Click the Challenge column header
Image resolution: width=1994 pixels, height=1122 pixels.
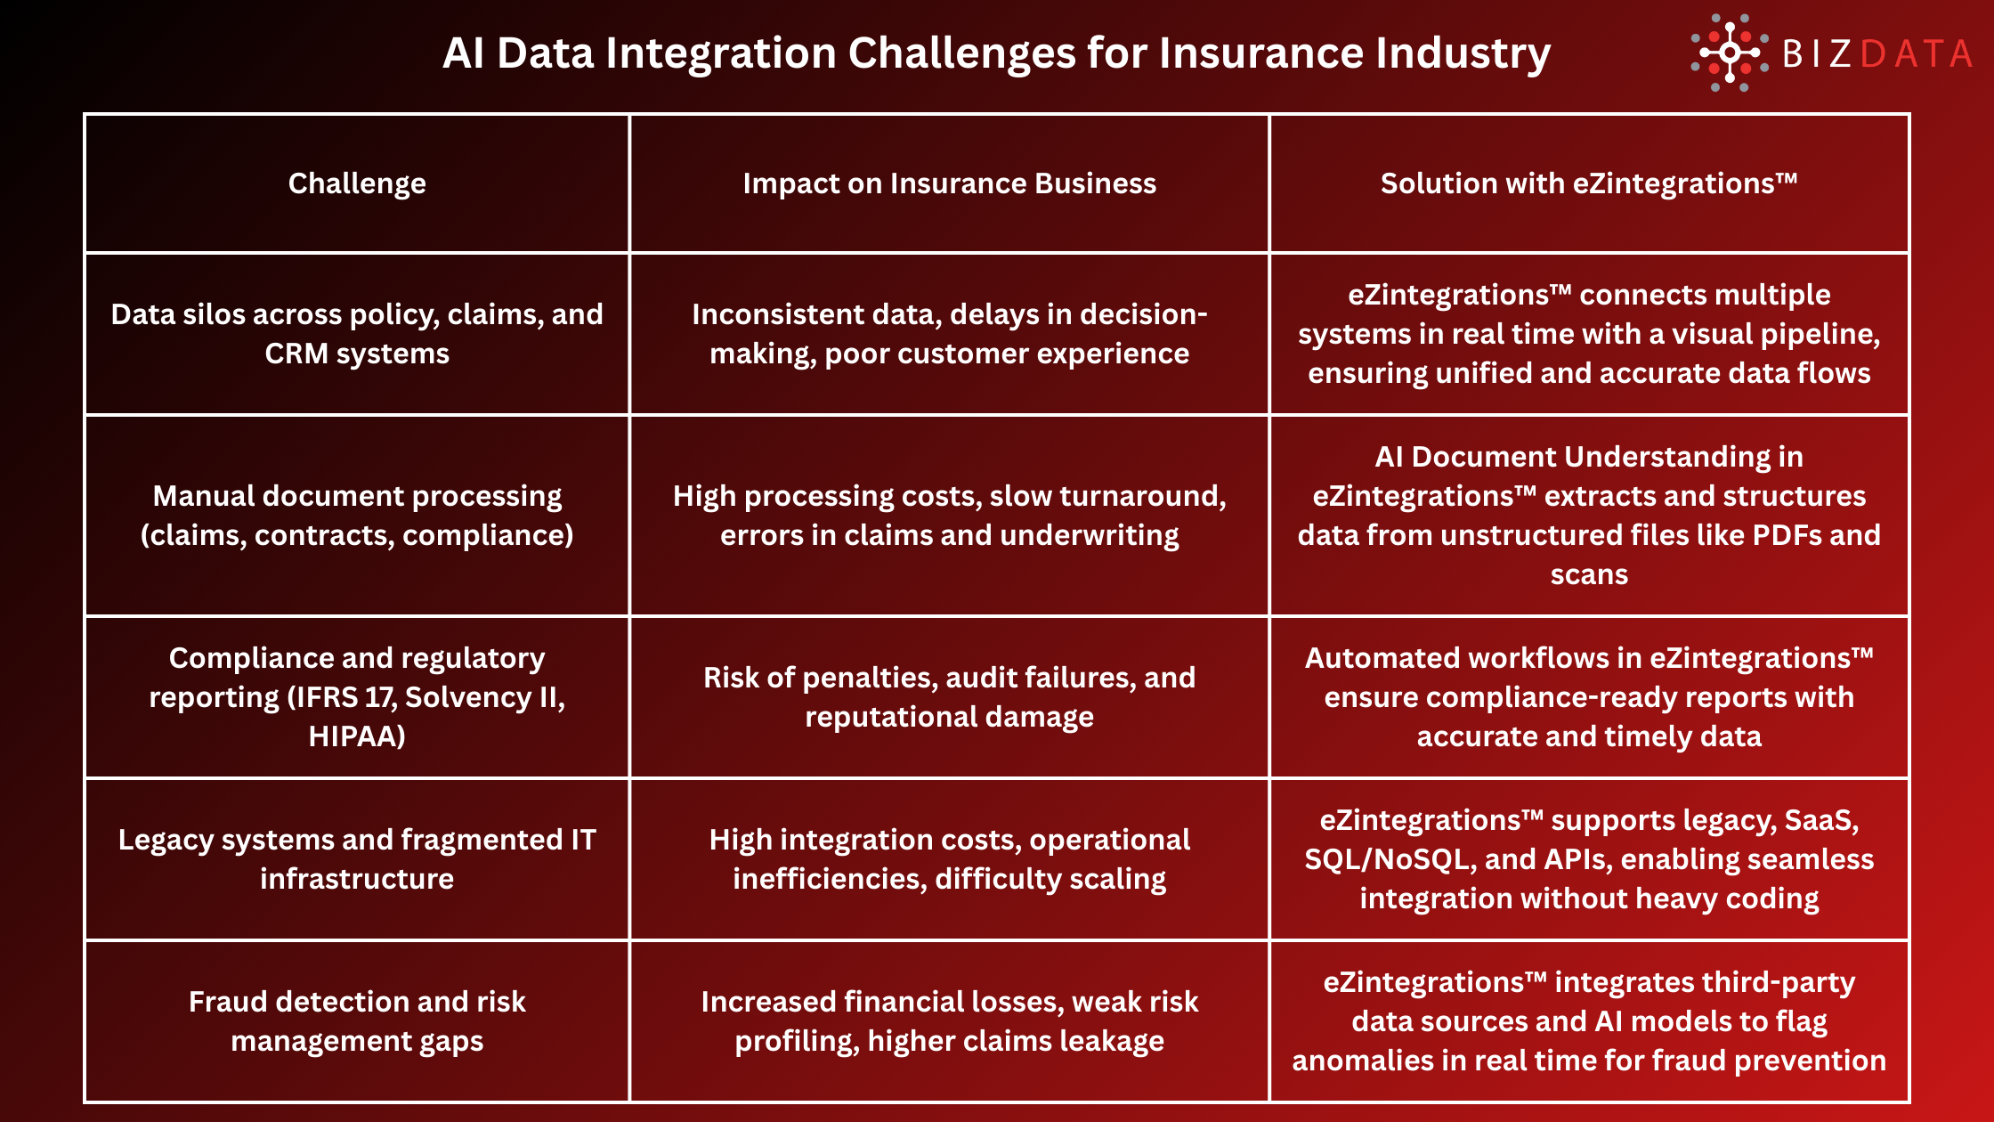pos(357,183)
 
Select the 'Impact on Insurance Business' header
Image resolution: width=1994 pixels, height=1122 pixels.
pos(949,183)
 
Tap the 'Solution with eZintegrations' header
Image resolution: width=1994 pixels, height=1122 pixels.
pos(1589,183)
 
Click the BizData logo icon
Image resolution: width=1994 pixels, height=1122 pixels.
pos(1729,53)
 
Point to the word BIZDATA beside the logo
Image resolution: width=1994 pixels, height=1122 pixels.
pos(1876,54)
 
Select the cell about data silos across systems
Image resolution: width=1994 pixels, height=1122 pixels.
pos(357,334)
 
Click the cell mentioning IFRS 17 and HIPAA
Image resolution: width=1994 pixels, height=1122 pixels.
pos(357,697)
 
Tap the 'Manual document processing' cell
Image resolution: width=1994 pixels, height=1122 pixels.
pos(357,516)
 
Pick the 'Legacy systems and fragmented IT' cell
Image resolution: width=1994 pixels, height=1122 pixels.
pos(357,859)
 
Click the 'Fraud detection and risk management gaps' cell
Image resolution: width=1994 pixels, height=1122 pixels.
pos(357,1021)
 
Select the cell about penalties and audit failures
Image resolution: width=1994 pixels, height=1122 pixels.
pos(949,697)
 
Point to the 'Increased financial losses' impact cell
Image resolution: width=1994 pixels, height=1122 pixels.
pos(949,1021)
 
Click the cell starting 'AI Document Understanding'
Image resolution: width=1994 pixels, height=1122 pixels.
pos(1589,516)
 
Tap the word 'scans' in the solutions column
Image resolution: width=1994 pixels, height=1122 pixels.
pos(1589,575)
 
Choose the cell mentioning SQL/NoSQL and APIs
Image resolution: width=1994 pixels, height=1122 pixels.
pos(1589,859)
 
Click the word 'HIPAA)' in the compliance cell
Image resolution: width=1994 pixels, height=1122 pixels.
pos(357,736)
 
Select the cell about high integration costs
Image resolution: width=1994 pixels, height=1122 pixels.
pos(949,859)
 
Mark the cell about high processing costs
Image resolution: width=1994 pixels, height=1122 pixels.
pos(949,516)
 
